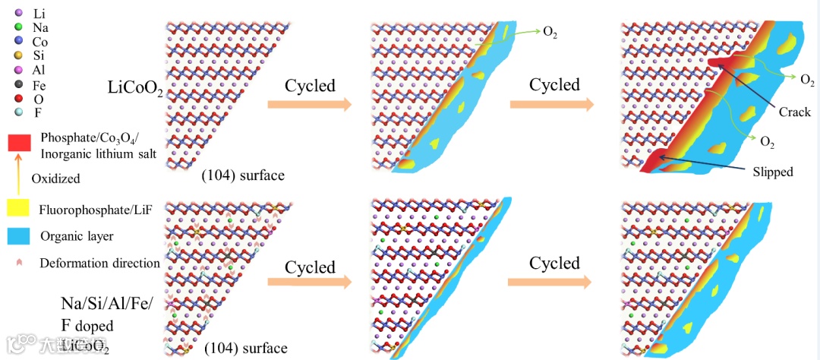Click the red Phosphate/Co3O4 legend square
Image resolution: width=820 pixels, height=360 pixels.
pos(19,142)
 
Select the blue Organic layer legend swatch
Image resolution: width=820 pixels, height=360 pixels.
pos(18,236)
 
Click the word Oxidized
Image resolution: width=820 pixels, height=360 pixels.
pos(55,178)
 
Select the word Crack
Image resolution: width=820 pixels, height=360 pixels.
pos(795,112)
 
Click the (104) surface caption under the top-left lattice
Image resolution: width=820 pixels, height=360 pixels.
pos(243,175)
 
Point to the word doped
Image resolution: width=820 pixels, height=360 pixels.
pos(94,325)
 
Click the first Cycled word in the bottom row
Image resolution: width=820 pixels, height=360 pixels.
pos(310,267)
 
